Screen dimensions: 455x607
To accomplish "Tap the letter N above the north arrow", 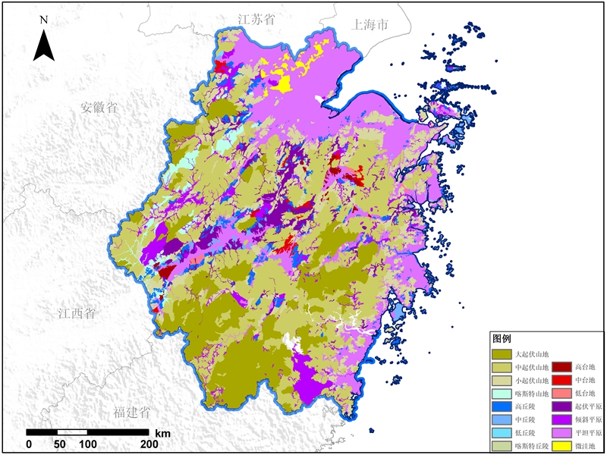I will (44, 19).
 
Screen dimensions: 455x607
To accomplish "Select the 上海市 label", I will (370, 24).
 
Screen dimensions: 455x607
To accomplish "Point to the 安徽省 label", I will (99, 108).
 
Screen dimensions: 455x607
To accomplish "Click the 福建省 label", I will (131, 413).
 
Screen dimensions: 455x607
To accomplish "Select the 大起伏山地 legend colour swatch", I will (502, 353).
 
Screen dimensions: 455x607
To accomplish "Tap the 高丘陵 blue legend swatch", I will (502, 406).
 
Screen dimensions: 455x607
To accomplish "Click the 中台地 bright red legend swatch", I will (562, 380).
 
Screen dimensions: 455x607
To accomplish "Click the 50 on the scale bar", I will (58, 444).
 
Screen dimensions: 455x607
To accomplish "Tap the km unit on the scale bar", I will (162, 433).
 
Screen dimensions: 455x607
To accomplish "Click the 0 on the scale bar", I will (29, 444).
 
